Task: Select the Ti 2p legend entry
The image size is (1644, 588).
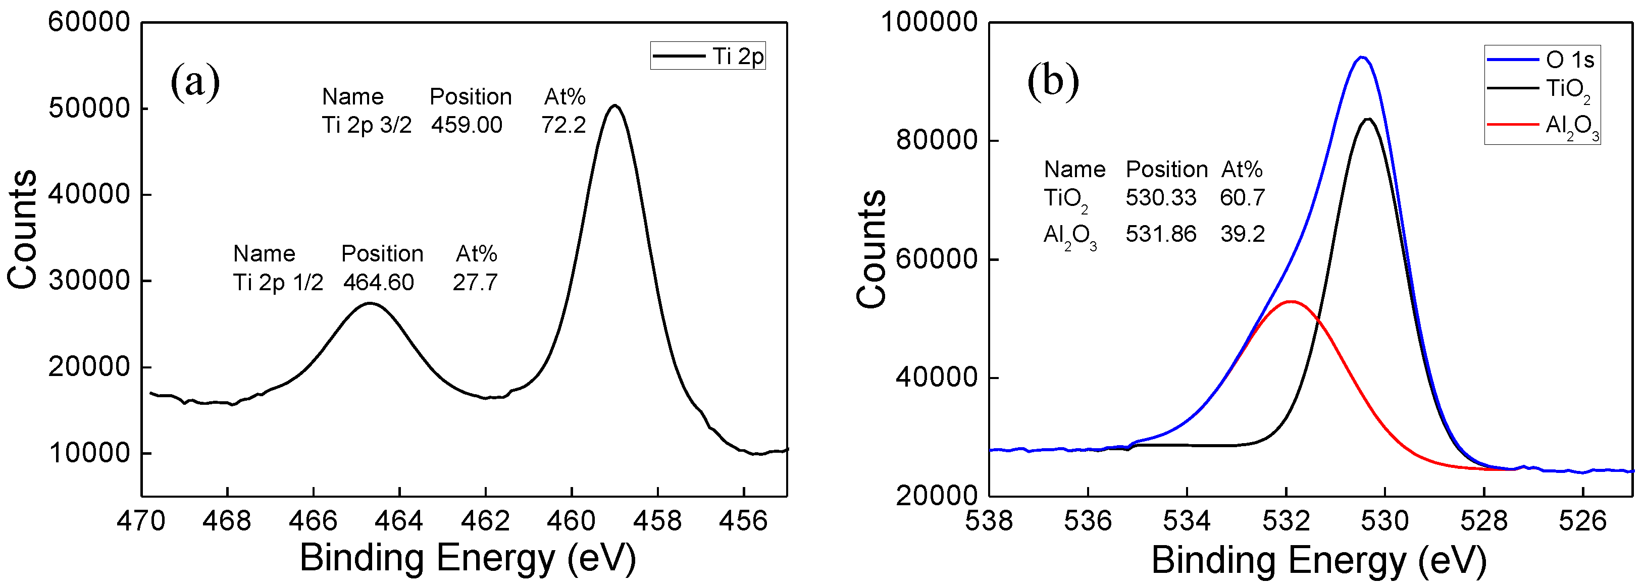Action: click(x=708, y=56)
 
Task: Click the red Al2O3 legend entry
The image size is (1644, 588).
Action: click(x=1544, y=125)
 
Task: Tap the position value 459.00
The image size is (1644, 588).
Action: click(x=467, y=124)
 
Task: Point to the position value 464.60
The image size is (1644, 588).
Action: click(x=379, y=282)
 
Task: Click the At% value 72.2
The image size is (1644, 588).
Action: click(x=563, y=124)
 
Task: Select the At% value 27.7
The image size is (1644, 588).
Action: click(x=475, y=282)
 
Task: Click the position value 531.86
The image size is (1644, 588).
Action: click(x=1160, y=234)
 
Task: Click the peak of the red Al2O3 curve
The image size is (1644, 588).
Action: click(x=1291, y=301)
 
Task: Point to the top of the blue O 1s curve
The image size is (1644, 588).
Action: click(x=1361, y=57)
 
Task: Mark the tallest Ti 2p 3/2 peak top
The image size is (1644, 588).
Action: click(x=614, y=105)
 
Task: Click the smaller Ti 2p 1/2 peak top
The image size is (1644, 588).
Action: click(x=370, y=303)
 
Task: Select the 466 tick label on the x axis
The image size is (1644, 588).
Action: click(x=313, y=521)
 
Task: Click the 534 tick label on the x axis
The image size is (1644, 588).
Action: click(x=1187, y=521)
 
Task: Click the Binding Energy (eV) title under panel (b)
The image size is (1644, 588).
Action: click(x=1318, y=561)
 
